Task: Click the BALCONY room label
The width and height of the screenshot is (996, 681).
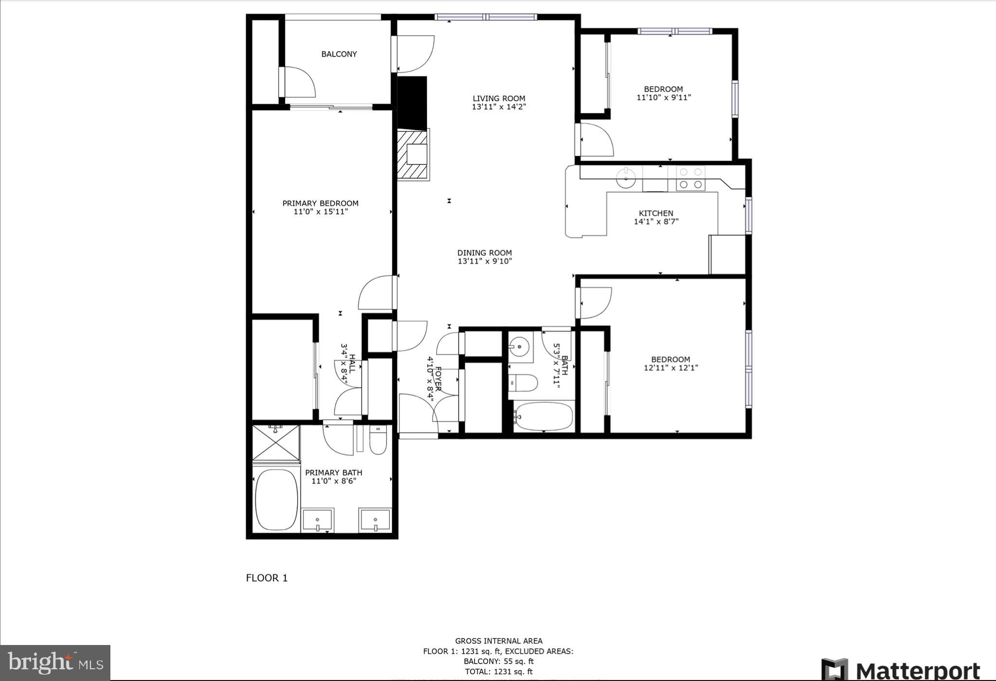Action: tap(339, 54)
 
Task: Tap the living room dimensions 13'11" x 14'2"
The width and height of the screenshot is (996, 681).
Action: tap(498, 107)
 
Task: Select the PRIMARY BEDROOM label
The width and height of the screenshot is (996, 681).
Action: tap(320, 203)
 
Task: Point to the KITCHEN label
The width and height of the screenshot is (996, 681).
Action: tap(656, 213)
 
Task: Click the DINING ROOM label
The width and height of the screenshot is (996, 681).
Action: tap(484, 253)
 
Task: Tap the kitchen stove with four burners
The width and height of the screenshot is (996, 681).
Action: tap(691, 178)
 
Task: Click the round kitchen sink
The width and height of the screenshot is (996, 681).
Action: tap(626, 178)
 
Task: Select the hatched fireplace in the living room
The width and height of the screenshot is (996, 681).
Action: tap(413, 155)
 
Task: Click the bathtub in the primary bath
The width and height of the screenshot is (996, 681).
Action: tap(276, 500)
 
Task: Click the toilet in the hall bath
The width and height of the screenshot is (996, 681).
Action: tap(524, 383)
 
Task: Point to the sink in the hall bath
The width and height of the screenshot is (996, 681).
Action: tap(520, 346)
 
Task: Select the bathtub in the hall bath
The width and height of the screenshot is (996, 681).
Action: tap(544, 417)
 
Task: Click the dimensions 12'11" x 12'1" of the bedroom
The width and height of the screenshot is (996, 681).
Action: tap(671, 368)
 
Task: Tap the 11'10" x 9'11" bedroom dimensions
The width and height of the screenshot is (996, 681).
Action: tap(663, 97)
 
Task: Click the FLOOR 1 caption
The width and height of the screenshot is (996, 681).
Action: tap(267, 578)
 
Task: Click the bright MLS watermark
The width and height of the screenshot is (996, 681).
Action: tap(55, 663)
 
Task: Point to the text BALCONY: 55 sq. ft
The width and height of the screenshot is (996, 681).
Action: tap(498, 662)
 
